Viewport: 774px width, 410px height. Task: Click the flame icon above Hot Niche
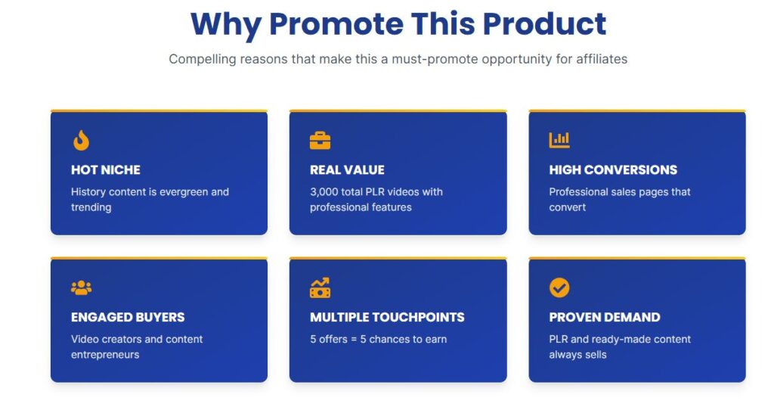tap(82, 140)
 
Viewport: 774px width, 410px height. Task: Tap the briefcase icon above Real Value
tap(320, 140)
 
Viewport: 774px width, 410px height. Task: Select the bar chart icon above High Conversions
tap(559, 140)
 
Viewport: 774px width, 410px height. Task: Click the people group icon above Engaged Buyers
tap(82, 287)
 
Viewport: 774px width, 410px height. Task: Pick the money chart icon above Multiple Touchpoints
tap(320, 287)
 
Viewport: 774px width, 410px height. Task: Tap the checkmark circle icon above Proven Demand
tap(559, 287)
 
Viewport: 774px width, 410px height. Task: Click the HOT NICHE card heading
tap(106, 170)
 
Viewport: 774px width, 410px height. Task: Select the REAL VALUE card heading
tap(347, 170)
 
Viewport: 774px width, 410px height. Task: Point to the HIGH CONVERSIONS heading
tap(613, 170)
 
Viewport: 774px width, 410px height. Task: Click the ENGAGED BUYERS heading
tap(128, 317)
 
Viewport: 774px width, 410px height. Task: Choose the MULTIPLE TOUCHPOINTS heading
tap(387, 317)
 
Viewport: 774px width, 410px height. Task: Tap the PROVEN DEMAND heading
tap(605, 317)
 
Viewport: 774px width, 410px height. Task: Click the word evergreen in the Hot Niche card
tap(183, 192)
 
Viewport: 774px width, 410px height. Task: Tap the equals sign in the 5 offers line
tap(354, 340)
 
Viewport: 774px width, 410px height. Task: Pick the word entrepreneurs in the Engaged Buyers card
tap(105, 355)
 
